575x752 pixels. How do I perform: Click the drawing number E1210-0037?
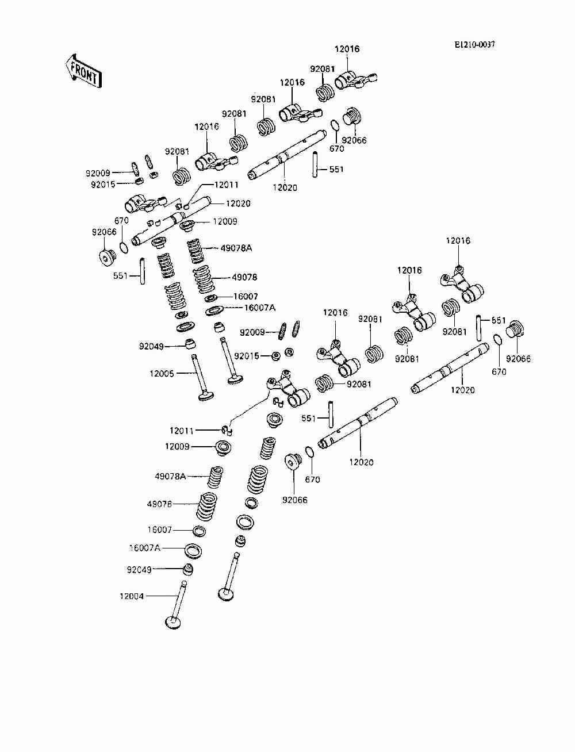474,45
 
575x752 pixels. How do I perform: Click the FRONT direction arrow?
83,72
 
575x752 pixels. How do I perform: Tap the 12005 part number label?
162,374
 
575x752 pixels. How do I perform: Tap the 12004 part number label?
132,596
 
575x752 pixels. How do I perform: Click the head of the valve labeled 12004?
174,622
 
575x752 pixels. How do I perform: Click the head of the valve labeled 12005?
206,396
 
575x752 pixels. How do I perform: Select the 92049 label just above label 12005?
151,346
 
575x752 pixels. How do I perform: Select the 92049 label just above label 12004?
139,569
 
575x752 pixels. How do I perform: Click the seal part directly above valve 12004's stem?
187,569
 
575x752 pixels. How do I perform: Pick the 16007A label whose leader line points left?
260,308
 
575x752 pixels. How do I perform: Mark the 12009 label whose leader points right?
177,447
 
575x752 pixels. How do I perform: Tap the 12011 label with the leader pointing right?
182,431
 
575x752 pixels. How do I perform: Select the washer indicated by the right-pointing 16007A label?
193,551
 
